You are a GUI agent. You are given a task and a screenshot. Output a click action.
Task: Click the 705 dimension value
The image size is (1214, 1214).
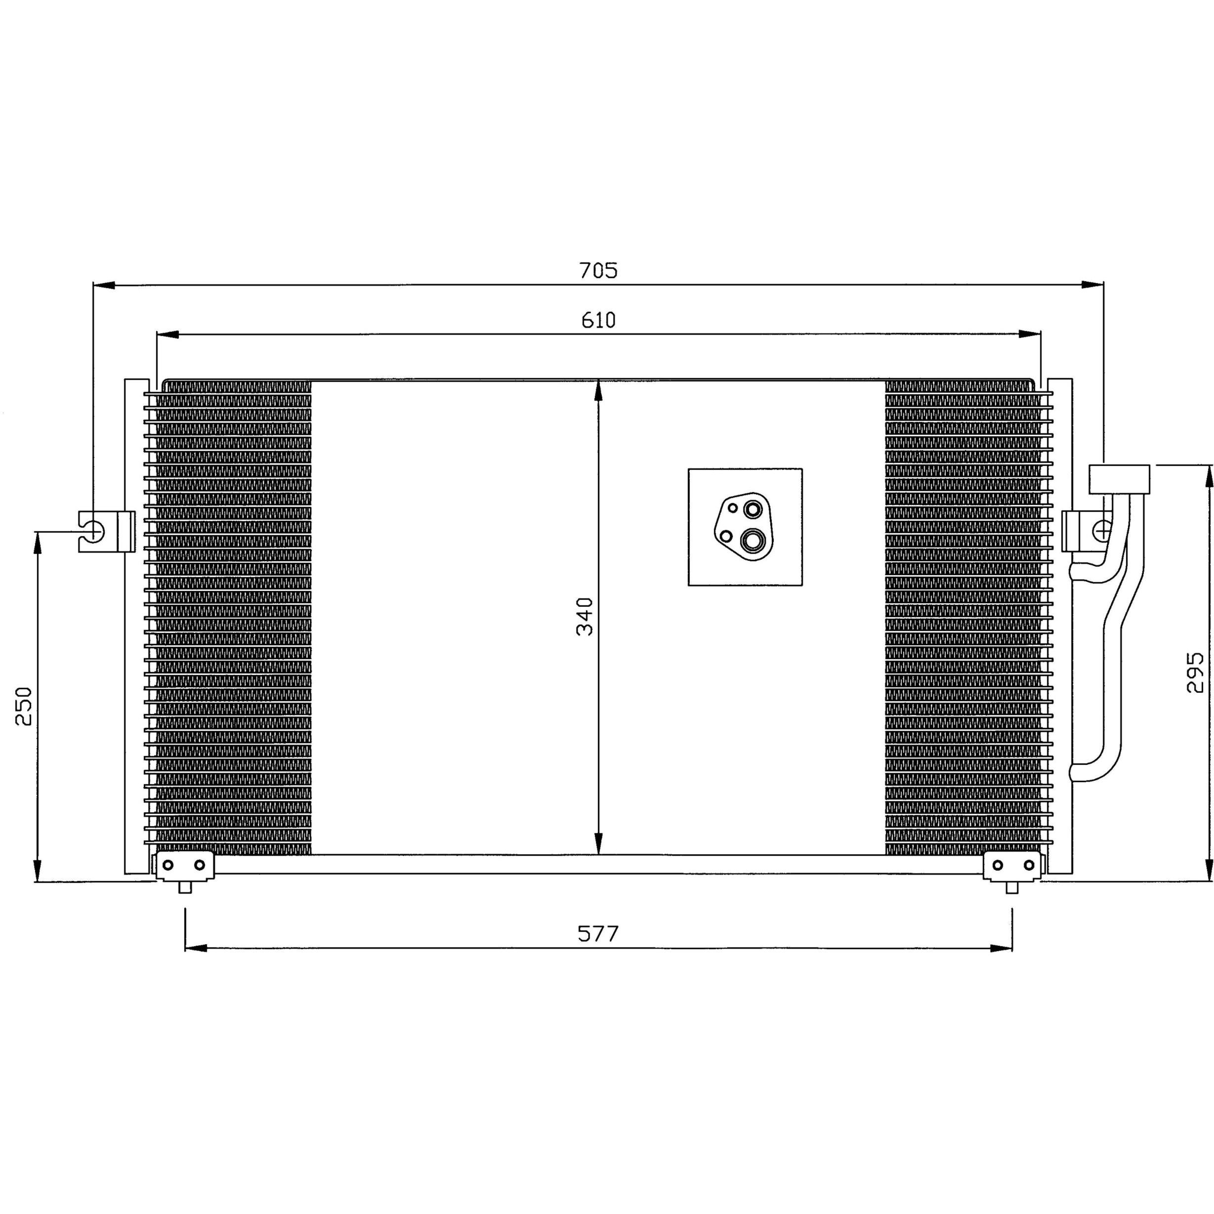point(598,270)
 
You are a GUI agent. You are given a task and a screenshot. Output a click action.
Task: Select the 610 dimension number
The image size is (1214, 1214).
point(598,321)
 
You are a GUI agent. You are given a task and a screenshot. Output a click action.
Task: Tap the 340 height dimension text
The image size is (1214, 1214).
point(585,617)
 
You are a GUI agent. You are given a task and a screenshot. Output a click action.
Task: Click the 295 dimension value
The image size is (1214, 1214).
point(1195,672)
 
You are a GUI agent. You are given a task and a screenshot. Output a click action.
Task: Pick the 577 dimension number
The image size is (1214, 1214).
point(598,934)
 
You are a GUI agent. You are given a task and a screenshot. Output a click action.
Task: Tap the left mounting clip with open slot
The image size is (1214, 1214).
point(106,532)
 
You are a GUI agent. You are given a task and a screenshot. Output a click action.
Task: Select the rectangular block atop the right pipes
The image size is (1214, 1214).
point(1119,479)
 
